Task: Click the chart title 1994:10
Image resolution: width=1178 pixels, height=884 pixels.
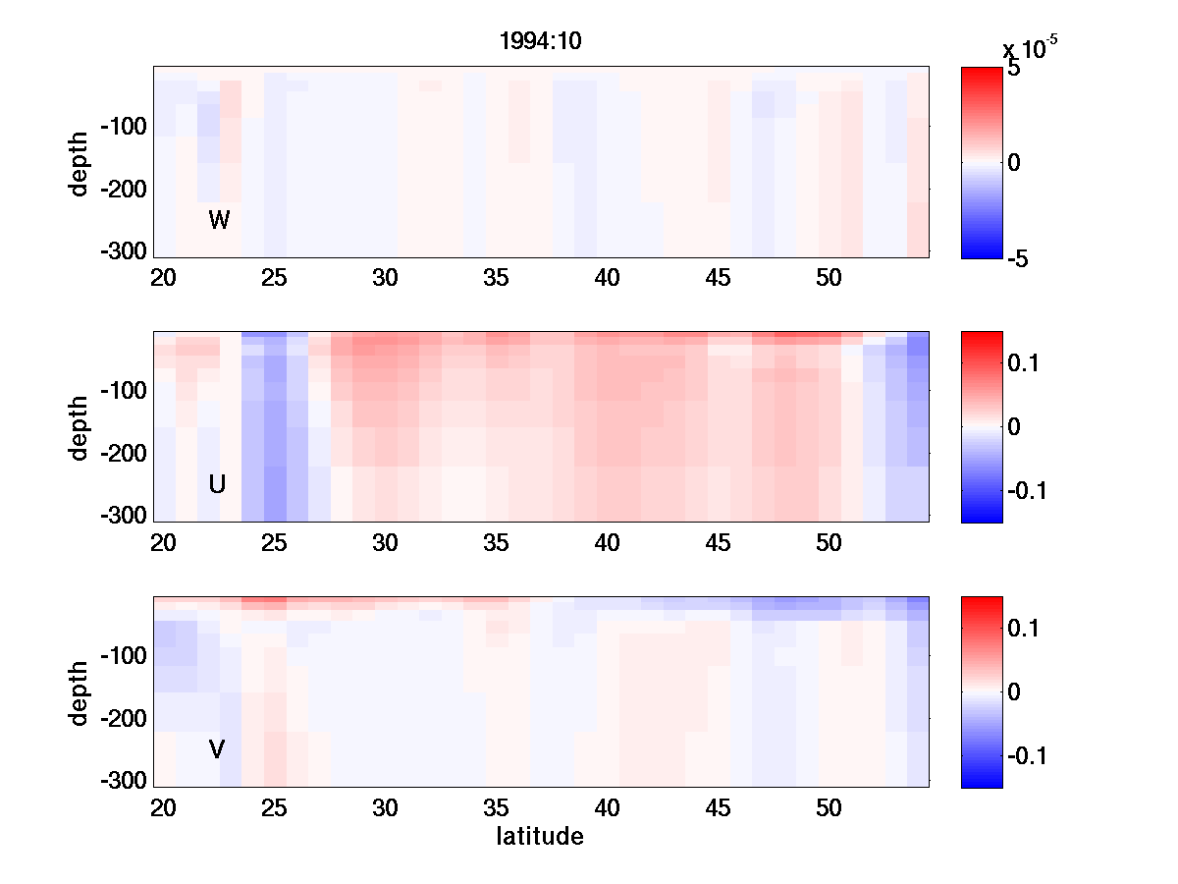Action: click(x=542, y=43)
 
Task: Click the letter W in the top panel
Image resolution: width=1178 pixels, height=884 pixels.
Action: click(x=219, y=220)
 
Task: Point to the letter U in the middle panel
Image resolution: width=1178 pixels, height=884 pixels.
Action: click(x=218, y=484)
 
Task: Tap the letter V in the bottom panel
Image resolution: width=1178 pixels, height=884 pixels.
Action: click(x=217, y=749)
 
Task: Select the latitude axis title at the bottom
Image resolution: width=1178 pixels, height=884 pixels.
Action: click(x=540, y=837)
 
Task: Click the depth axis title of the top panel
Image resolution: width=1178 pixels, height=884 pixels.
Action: click(x=80, y=162)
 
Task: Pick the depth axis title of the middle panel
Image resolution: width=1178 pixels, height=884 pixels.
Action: click(x=80, y=427)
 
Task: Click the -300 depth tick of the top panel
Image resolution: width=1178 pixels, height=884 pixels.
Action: click(x=123, y=250)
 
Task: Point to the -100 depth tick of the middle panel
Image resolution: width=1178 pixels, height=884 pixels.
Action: click(x=123, y=391)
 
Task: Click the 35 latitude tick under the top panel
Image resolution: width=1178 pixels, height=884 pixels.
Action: click(x=497, y=278)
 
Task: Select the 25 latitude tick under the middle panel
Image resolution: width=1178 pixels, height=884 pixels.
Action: click(x=274, y=542)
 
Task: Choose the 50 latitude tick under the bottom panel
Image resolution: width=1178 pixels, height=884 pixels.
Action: click(x=830, y=807)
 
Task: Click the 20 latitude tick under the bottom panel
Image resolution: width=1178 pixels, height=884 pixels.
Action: click(x=163, y=807)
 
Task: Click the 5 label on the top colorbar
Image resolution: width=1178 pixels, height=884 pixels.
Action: click(x=1014, y=70)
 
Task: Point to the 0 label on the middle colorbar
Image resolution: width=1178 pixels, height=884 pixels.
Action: click(x=1016, y=427)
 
